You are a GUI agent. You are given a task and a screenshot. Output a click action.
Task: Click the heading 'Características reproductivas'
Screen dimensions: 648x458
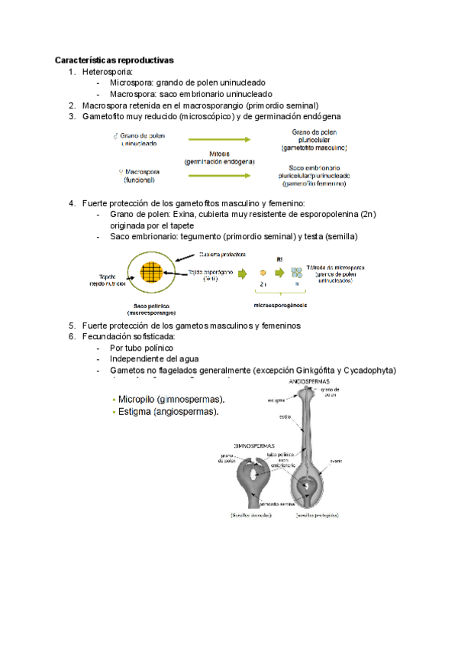click(114, 60)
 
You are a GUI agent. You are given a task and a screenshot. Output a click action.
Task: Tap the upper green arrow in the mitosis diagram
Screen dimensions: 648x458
click(219, 140)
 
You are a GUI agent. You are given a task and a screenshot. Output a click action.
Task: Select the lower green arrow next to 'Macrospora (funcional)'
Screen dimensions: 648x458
click(219, 175)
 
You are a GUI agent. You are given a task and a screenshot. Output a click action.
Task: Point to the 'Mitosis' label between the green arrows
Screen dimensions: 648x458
click(219, 153)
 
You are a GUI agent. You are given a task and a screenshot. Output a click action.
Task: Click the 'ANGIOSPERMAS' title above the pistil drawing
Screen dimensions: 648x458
click(309, 380)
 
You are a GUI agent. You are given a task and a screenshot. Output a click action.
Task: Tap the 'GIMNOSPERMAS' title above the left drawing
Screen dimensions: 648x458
click(255, 444)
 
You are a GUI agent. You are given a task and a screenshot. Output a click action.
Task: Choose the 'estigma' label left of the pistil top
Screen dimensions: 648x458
click(276, 400)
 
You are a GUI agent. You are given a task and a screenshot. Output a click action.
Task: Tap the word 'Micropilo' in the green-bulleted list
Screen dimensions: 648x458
click(138, 400)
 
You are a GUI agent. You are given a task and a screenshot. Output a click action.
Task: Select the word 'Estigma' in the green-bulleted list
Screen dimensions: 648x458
click(135, 412)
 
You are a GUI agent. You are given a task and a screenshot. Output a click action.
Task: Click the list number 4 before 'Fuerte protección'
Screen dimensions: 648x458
click(72, 203)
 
